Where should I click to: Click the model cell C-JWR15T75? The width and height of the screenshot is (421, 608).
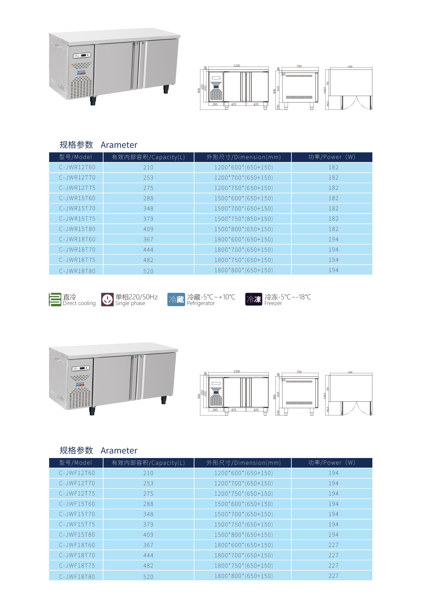pyautogui.click(x=77, y=219)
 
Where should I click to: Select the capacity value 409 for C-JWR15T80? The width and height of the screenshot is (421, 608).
pyautogui.click(x=148, y=229)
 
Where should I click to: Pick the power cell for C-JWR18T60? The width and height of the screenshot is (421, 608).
pyautogui.click(x=333, y=239)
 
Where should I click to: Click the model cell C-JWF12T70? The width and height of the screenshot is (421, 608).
pyautogui.click(x=77, y=483)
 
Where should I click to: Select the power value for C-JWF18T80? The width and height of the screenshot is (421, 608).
pyautogui.click(x=333, y=576)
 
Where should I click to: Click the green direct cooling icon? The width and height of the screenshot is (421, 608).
pyautogui.click(x=55, y=299)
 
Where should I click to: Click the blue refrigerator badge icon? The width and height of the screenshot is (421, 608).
pyautogui.click(x=176, y=299)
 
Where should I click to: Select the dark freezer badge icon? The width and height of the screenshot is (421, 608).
pyautogui.click(x=254, y=299)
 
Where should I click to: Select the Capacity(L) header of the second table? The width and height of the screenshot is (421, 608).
pyautogui.click(x=148, y=463)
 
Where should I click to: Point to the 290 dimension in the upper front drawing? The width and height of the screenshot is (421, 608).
pyautogui.click(x=215, y=104)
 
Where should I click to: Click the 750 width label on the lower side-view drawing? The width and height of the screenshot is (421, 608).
pyautogui.click(x=299, y=372)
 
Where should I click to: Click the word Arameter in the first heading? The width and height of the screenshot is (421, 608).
pyautogui.click(x=119, y=145)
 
